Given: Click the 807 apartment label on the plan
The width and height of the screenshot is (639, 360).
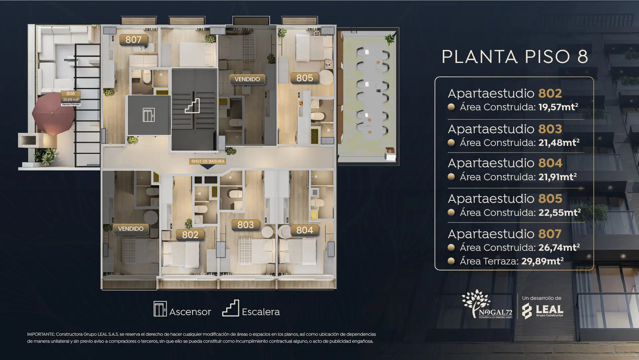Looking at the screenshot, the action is pyautogui.click(x=133, y=40).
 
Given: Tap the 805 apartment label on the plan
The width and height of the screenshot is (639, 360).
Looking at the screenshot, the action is pyautogui.click(x=305, y=78).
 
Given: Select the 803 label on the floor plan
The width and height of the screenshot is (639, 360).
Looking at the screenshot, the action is pyautogui.click(x=246, y=225).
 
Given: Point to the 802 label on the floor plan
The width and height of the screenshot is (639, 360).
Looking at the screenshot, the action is pyautogui.click(x=190, y=235).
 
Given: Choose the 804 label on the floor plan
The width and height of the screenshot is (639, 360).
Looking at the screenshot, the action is pyautogui.click(x=305, y=230).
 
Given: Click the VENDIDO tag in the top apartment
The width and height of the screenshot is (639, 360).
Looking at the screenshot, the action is pyautogui.click(x=247, y=79).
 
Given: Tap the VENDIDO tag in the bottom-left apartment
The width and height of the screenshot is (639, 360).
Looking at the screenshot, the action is pyautogui.click(x=131, y=229).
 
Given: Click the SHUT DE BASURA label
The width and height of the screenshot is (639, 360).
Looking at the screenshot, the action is pyautogui.click(x=208, y=161).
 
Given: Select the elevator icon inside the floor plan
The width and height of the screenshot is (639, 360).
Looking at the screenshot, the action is pyautogui.click(x=148, y=115).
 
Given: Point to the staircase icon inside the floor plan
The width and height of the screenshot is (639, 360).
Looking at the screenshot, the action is pyautogui.click(x=192, y=106).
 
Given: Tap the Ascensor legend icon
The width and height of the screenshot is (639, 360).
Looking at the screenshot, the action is pyautogui.click(x=160, y=309).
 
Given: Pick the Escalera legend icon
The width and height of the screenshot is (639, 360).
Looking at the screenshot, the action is pyautogui.click(x=231, y=308).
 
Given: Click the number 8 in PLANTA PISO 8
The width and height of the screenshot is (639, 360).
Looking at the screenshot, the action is pyautogui.click(x=583, y=57).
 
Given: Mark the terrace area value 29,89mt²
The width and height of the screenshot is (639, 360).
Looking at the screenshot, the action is pyautogui.click(x=542, y=261).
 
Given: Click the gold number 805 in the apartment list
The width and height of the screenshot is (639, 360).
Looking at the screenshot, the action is pyautogui.click(x=550, y=198).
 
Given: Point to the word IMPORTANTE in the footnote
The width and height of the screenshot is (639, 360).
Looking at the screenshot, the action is pyautogui.click(x=41, y=334).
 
